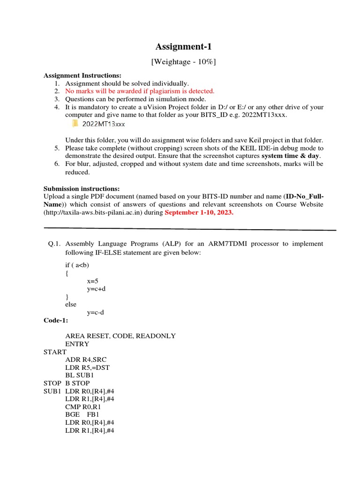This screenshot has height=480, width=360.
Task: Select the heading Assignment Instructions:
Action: click(82, 75)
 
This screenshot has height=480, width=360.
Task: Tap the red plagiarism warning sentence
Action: click(140, 91)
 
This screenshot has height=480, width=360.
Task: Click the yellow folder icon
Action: click(75, 124)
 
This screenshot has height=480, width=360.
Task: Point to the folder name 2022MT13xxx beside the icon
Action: click(103, 124)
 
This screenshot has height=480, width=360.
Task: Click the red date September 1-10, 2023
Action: click(199, 212)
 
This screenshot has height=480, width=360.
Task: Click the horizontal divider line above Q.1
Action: click(190, 229)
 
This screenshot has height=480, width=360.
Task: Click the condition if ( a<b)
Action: click(78, 265)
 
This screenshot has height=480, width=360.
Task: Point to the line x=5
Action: click(93, 281)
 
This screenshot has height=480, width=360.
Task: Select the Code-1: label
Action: click(56, 320)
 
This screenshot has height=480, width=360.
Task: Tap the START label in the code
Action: click(55, 352)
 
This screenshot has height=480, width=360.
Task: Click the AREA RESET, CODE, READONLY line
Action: click(120, 336)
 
